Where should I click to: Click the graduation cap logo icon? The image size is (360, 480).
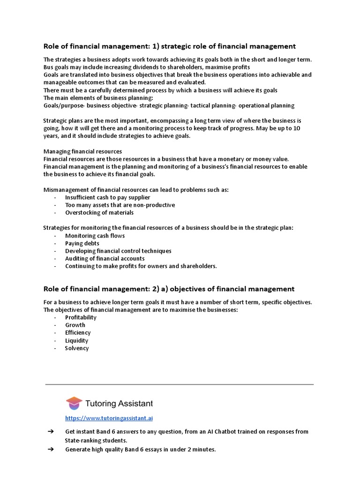74,403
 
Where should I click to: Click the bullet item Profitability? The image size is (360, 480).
81,317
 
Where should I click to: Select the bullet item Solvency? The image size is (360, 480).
77,348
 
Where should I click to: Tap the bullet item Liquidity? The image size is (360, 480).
77,341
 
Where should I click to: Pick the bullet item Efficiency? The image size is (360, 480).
78,333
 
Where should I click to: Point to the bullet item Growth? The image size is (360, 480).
75,325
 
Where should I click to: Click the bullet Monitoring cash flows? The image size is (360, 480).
95,236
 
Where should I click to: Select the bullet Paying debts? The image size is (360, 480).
82,243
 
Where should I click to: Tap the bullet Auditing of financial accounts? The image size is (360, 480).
105,258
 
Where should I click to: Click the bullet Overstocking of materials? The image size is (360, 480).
99,212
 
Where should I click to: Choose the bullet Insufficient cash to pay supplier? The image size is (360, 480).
107,197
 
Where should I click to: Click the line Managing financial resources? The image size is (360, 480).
82,151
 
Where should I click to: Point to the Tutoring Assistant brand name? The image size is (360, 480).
119,404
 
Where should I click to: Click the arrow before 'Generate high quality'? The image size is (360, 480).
52,450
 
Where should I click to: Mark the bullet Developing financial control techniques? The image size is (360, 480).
118,251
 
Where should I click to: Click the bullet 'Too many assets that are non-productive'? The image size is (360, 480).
120,205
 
